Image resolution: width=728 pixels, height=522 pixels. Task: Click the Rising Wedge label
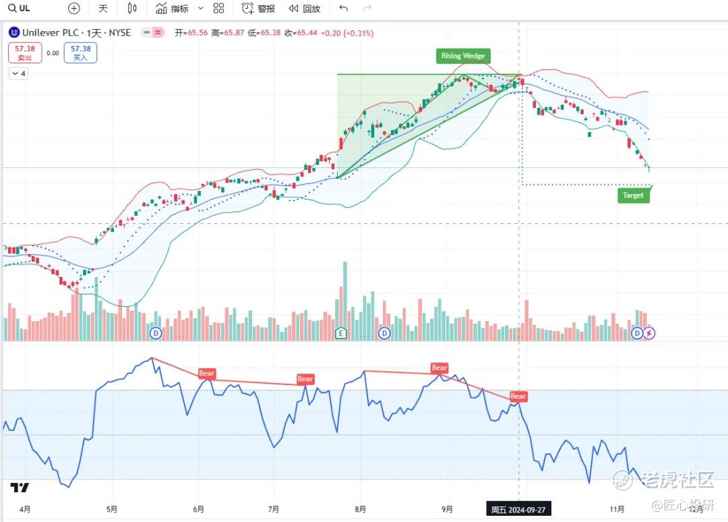(462, 56)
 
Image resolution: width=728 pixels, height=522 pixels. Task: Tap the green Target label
(633, 196)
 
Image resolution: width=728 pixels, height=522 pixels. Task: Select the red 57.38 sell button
(25, 53)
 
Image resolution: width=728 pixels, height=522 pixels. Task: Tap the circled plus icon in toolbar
(74, 9)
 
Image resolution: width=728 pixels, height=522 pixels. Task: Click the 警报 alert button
(259, 9)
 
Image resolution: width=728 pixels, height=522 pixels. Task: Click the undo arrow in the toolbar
(344, 9)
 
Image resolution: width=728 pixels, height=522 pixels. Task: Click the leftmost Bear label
(206, 373)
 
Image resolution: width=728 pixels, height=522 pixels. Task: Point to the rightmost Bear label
(518, 396)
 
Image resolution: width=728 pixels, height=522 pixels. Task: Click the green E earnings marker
(340, 333)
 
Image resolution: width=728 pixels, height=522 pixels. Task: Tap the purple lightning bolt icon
(649, 333)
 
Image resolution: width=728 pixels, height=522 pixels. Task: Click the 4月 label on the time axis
(25, 509)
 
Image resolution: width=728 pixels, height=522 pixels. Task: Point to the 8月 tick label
(361, 509)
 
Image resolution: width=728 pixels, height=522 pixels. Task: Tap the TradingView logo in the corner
(20, 488)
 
